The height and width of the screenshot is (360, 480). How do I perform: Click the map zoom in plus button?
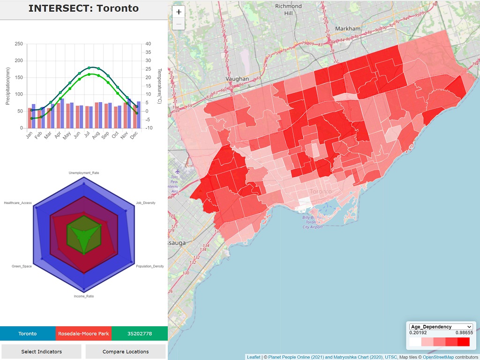tap(179, 12)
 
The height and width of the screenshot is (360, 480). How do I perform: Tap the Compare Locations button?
tap(125, 352)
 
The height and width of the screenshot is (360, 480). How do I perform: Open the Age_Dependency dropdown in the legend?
tap(441, 327)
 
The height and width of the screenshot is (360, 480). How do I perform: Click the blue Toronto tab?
tap(28, 334)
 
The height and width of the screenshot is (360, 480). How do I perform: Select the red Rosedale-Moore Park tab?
tap(83, 334)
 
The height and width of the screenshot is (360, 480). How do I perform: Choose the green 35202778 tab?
tap(139, 334)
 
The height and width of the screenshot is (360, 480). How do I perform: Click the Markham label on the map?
tap(348, 29)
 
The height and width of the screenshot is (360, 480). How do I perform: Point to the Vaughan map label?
tap(237, 79)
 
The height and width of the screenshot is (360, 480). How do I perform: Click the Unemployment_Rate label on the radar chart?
tap(84, 173)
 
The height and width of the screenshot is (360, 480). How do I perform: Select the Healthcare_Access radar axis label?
tap(18, 203)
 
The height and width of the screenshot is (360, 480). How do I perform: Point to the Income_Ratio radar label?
tap(84, 296)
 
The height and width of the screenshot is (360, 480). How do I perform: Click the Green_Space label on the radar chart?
tap(22, 266)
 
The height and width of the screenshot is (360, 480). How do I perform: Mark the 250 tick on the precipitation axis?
tap(18, 44)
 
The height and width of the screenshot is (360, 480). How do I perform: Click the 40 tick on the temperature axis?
tap(149, 44)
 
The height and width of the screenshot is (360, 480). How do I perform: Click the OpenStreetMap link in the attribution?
tap(438, 357)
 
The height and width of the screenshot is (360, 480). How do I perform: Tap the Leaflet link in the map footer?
tap(254, 357)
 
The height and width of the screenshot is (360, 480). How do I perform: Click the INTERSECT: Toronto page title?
tap(83, 8)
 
